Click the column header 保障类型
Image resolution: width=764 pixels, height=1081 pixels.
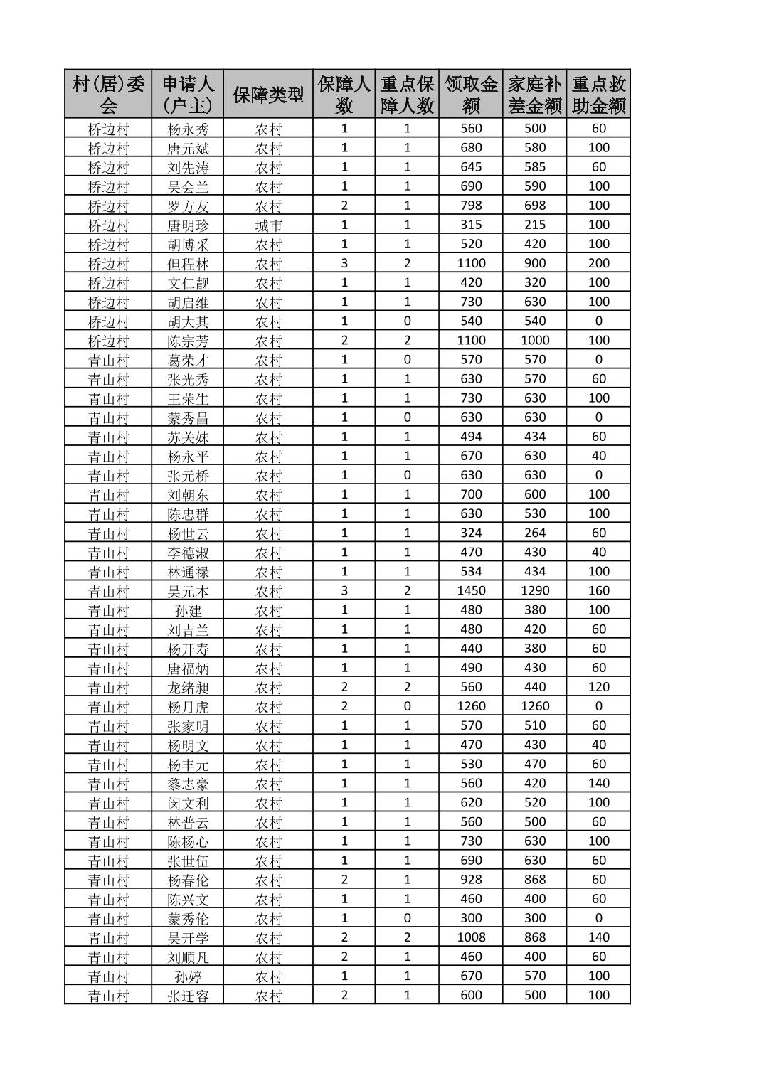point(268,94)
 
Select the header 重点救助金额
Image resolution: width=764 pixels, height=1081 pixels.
point(598,94)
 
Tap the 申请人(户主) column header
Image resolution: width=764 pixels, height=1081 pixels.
point(188,94)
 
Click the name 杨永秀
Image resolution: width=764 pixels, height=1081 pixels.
point(188,129)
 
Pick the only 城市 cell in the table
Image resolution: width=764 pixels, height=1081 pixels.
point(268,225)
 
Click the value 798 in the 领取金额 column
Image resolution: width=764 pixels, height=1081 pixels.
point(471,206)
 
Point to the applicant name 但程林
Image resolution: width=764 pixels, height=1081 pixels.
point(188,263)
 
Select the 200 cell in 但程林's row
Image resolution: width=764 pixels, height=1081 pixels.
point(598,263)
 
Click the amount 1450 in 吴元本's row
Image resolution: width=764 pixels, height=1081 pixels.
point(471,590)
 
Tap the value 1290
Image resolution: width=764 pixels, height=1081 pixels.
point(535,590)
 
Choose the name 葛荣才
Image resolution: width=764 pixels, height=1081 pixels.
point(188,360)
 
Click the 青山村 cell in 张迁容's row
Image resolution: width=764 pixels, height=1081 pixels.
point(108,995)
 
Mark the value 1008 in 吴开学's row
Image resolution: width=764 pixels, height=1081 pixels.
point(471,937)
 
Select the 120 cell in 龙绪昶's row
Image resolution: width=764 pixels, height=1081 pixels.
point(598,687)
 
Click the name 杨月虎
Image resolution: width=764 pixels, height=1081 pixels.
point(188,706)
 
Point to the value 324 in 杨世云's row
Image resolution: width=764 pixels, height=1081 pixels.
point(471,533)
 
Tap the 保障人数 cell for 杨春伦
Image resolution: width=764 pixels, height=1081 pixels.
point(344,880)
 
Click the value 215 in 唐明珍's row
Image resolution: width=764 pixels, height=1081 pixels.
point(535,225)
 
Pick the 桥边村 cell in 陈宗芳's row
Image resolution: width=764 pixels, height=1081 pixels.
point(108,341)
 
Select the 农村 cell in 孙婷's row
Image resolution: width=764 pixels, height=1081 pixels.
point(268,976)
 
